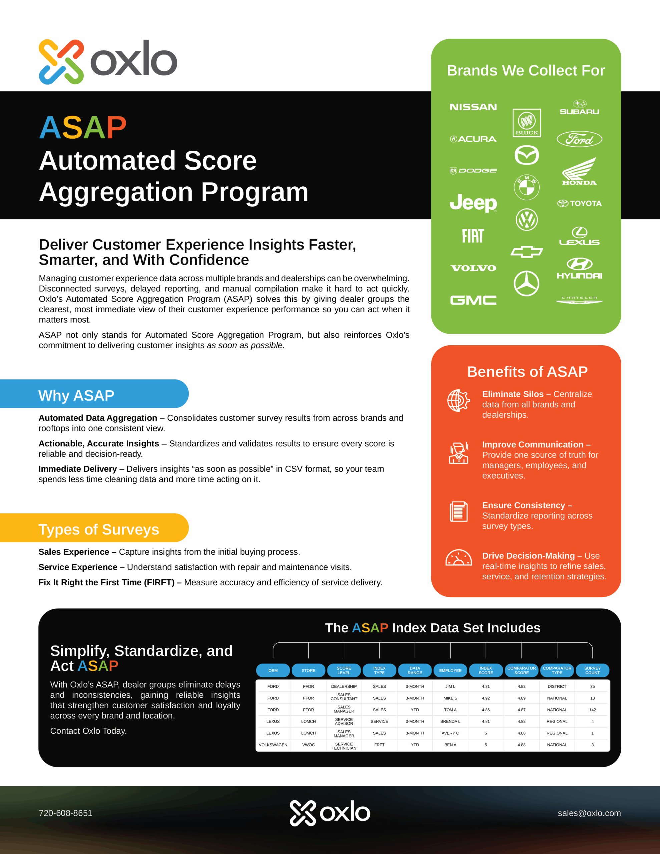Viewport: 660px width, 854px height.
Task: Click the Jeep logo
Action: pyautogui.click(x=473, y=202)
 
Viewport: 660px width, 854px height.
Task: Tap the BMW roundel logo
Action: pyautogui.click(x=526, y=187)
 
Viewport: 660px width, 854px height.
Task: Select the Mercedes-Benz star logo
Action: pyautogui.click(x=526, y=283)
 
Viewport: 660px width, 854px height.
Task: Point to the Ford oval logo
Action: pyautogui.click(x=579, y=139)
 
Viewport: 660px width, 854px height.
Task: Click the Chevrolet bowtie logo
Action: pyautogui.click(x=526, y=252)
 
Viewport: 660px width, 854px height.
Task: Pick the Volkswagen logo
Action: pyautogui.click(x=526, y=220)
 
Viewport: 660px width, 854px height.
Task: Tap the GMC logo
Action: pyautogui.click(x=473, y=300)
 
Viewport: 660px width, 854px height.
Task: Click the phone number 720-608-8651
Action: pyautogui.click(x=66, y=813)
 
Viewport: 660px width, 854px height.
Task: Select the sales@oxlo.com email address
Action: pyautogui.click(x=589, y=813)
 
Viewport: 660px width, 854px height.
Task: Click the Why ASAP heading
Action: pyautogui.click(x=76, y=395)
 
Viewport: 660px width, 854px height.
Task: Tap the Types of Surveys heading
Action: pyautogui.click(x=98, y=529)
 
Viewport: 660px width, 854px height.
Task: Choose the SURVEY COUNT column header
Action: pyautogui.click(x=592, y=670)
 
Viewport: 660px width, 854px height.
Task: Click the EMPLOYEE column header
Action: pyautogui.click(x=450, y=670)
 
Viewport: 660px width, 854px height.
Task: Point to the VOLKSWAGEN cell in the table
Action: pyautogui.click(x=273, y=745)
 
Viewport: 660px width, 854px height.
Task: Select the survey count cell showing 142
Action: pyautogui.click(x=592, y=709)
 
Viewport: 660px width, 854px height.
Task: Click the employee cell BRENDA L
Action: pyautogui.click(x=450, y=721)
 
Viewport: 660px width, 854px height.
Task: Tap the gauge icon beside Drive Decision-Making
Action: pyautogui.click(x=458, y=558)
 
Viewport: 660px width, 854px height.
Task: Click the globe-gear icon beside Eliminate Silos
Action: pyautogui.click(x=458, y=400)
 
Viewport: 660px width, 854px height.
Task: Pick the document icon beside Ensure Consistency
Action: pyautogui.click(x=458, y=511)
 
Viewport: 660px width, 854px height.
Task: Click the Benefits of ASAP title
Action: pyautogui.click(x=527, y=372)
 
